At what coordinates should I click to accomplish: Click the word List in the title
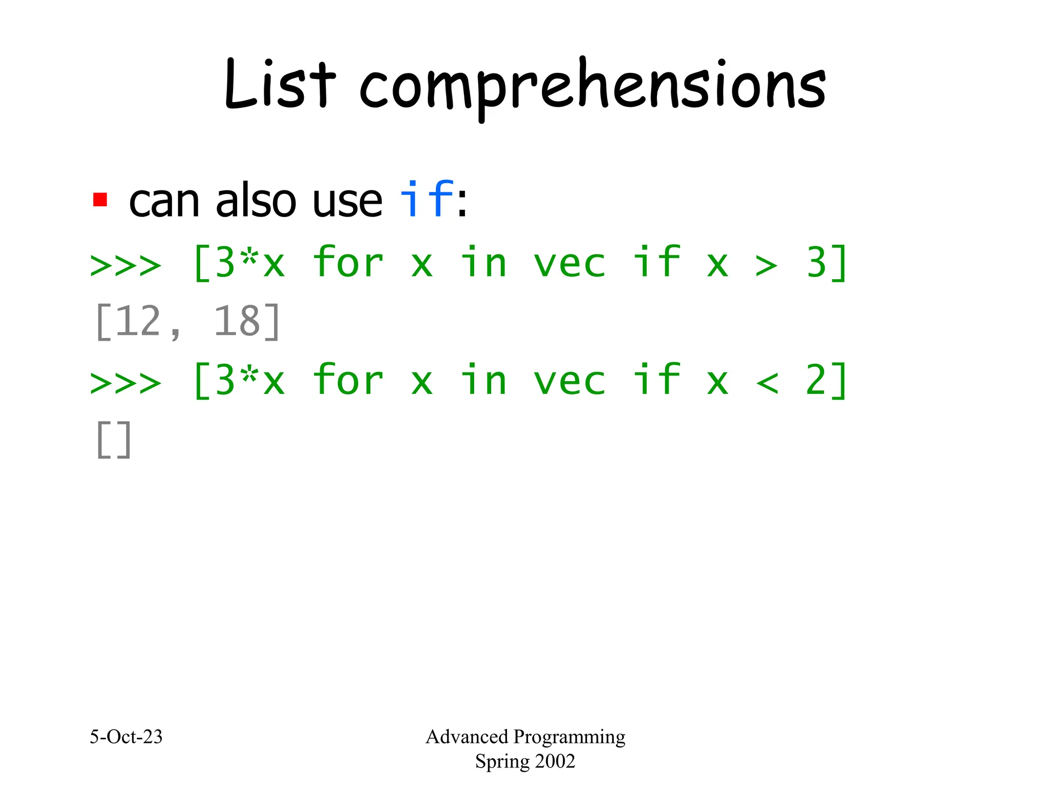[x=280, y=85]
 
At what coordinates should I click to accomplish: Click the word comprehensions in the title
[x=593, y=87]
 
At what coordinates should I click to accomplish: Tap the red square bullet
[x=100, y=200]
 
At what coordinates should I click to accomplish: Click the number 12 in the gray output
[x=139, y=322]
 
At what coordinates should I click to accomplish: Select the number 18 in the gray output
[x=236, y=322]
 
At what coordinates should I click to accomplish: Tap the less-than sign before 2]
[x=766, y=383]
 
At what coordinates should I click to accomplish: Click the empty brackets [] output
[x=113, y=440]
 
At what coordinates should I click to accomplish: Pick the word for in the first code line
[x=348, y=263]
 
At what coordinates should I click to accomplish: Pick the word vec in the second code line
[x=570, y=381]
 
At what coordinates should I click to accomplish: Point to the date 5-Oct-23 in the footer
[x=126, y=737]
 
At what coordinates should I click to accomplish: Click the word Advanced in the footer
[x=466, y=737]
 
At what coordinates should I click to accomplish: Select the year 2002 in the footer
[x=554, y=761]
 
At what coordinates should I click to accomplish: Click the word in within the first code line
[x=483, y=263]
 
